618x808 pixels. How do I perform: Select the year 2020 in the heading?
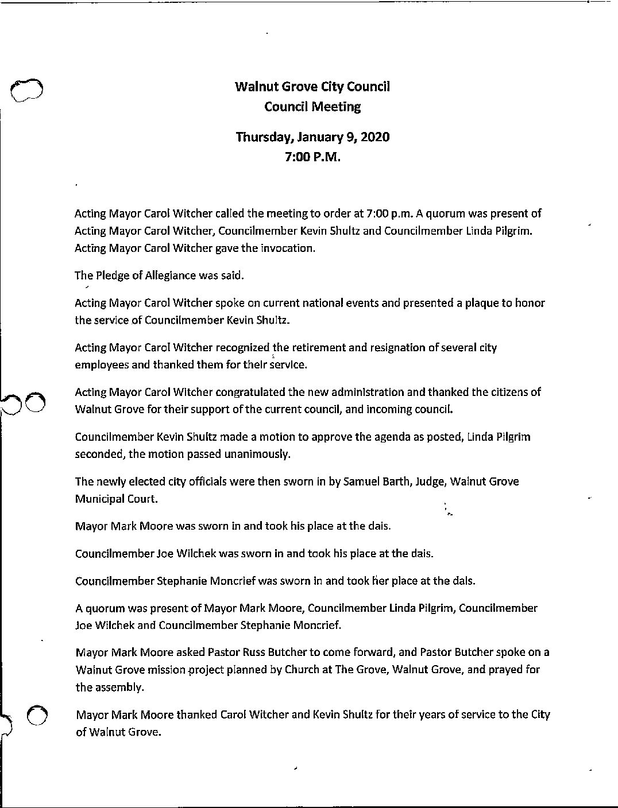374,138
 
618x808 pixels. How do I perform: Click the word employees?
102,364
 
